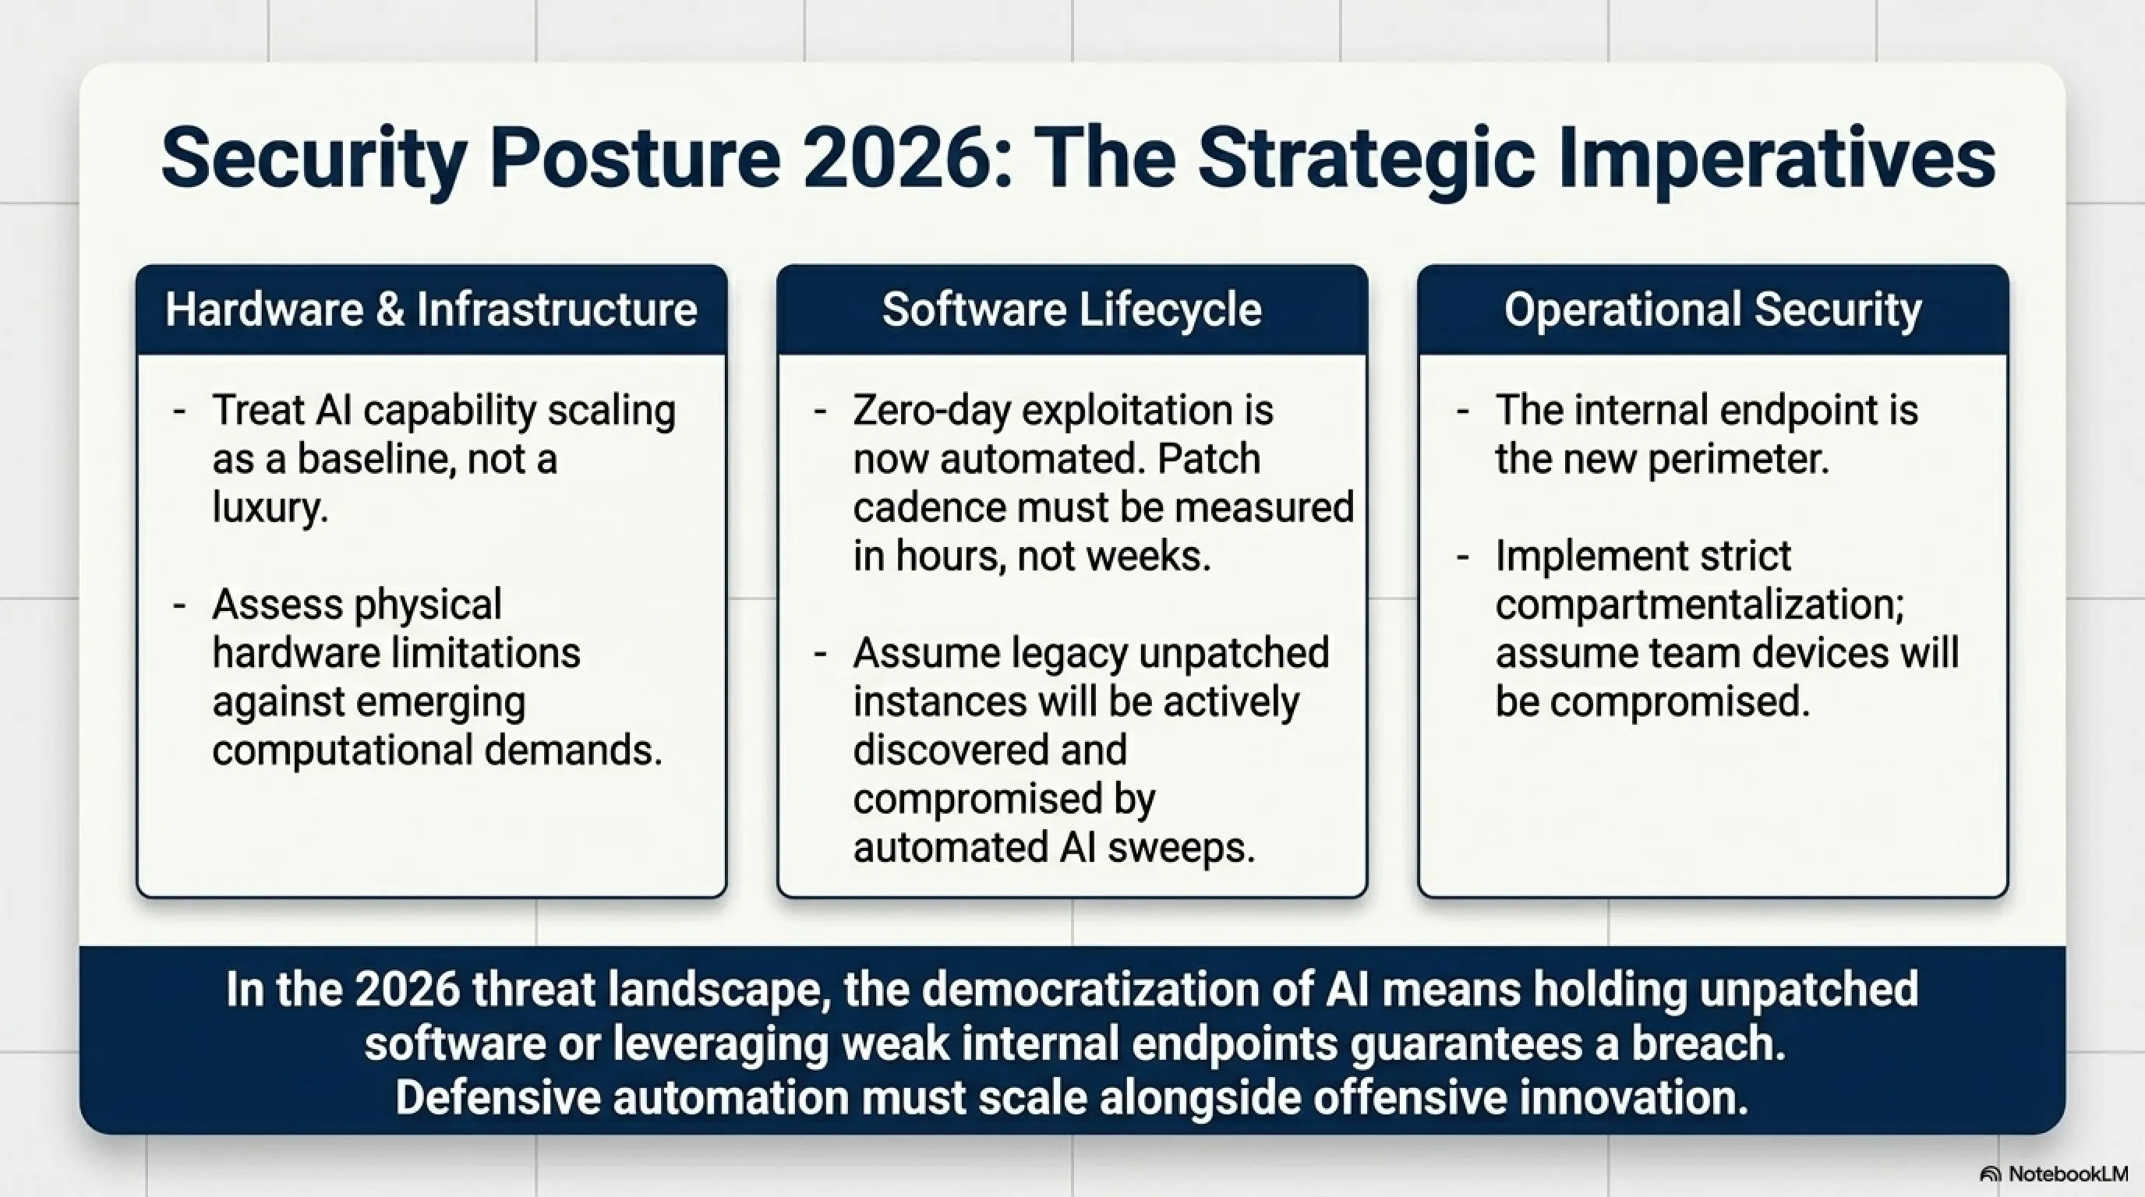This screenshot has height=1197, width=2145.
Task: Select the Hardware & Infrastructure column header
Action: point(431,309)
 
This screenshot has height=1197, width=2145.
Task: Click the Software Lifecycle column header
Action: point(1072,309)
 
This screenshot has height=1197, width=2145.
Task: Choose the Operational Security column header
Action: point(1713,309)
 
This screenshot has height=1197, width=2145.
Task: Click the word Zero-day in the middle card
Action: point(931,411)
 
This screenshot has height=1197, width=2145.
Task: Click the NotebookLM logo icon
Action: point(1990,1174)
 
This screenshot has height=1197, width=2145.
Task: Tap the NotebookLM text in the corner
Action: point(2069,1174)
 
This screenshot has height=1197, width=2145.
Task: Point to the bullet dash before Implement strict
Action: point(1463,557)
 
